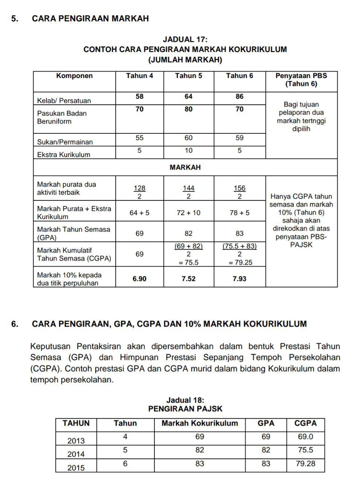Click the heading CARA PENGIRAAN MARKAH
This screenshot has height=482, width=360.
pos(90,18)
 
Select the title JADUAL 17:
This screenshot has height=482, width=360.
pos(185,40)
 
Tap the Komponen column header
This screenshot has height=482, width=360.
pos(74,76)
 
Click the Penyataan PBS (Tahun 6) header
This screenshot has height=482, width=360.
pos(301,80)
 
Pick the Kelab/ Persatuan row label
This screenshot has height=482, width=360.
pos(64,101)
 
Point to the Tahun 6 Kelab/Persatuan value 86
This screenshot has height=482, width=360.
pos(239,97)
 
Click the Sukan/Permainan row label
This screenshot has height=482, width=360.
pos(65,142)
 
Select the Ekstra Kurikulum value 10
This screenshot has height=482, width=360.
pos(188,151)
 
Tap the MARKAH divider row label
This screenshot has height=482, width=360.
pos(185,168)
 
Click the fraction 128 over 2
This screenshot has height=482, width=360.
pos(139,192)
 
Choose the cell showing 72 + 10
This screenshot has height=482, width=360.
pos(188,213)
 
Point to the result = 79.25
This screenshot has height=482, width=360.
pos(239,263)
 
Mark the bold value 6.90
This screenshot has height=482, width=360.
pos(139,279)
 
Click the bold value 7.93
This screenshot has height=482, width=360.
pos(239,279)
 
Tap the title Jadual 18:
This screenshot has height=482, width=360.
pos(185,400)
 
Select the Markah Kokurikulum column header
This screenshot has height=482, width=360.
pos(200,424)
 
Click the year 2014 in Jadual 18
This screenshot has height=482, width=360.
pos(76,455)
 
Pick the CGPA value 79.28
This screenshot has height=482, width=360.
pos(305,464)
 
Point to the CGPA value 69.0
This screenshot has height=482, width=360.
pos(305,437)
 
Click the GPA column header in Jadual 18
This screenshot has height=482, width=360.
pos(266,424)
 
